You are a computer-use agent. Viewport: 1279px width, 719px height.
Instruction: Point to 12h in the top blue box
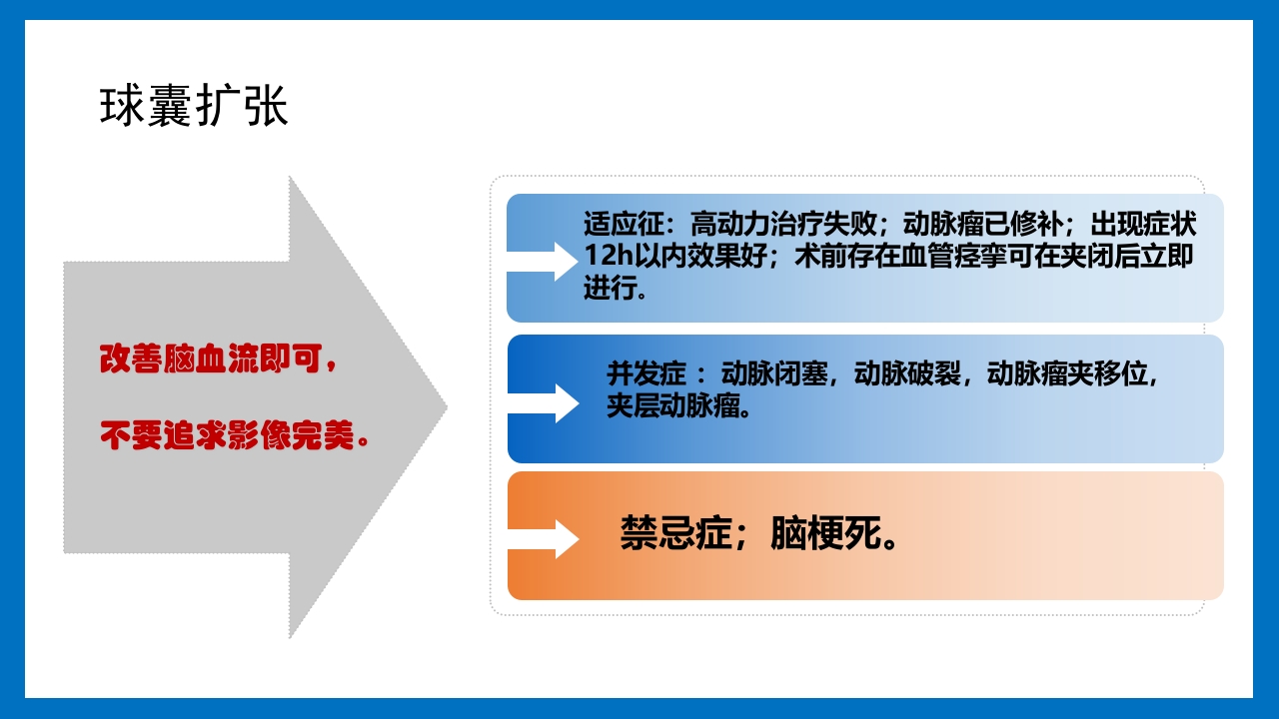(609, 257)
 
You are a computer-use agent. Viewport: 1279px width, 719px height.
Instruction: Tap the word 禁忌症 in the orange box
(675, 535)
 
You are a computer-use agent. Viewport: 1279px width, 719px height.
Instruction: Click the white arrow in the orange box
(545, 538)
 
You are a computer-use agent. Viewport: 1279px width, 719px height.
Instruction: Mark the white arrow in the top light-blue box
(545, 261)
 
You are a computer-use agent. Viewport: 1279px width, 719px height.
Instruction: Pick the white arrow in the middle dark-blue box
(545, 402)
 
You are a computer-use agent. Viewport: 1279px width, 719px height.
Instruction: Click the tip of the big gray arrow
(444, 406)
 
